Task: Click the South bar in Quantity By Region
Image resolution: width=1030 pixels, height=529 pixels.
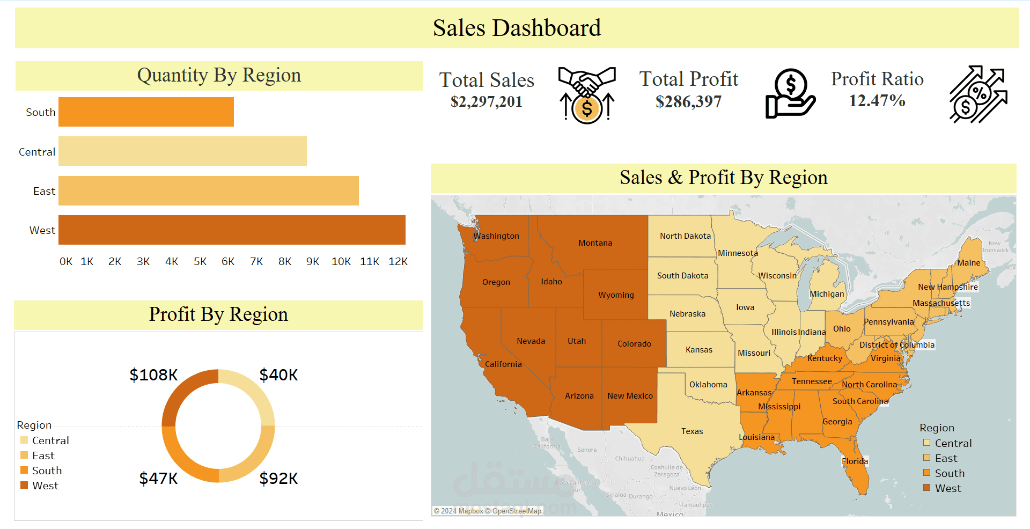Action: click(x=146, y=112)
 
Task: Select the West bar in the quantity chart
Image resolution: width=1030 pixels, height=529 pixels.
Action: click(x=232, y=230)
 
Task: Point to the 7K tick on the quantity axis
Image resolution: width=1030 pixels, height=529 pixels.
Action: click(x=256, y=261)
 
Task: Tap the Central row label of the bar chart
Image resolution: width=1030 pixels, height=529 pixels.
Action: click(x=36, y=152)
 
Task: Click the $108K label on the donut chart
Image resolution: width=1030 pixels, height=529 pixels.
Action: click(x=153, y=374)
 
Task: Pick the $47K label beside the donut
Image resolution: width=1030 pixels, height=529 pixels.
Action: click(x=158, y=478)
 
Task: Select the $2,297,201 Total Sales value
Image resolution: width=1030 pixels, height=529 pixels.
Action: click(x=486, y=101)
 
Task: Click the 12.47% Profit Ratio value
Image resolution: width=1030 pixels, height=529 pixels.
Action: click(x=877, y=100)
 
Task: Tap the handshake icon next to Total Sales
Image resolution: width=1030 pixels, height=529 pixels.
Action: click(x=587, y=94)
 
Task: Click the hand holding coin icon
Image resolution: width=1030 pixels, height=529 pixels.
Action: click(x=790, y=93)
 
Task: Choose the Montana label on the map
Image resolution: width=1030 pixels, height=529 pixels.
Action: click(x=595, y=243)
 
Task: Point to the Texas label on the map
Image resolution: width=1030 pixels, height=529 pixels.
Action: click(x=692, y=431)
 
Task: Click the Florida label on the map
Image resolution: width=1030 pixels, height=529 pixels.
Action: click(x=855, y=461)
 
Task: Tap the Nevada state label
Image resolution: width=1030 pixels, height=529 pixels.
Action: click(x=531, y=341)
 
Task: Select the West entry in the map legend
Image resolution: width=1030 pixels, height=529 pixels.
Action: click(x=947, y=488)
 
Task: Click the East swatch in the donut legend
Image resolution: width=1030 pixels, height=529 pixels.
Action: click(x=24, y=455)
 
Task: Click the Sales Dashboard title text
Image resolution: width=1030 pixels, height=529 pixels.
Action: click(x=516, y=28)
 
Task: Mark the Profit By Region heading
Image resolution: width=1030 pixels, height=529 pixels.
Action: click(x=218, y=314)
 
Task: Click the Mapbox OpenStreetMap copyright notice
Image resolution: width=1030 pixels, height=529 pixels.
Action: click(x=488, y=511)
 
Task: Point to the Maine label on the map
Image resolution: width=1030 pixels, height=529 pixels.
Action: click(x=968, y=263)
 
